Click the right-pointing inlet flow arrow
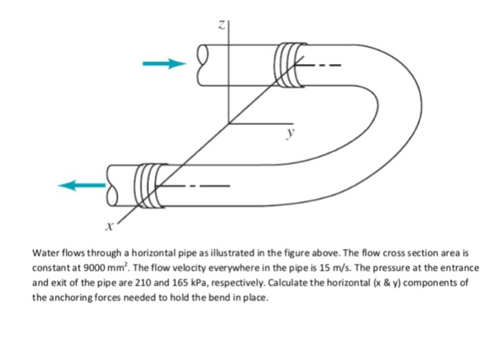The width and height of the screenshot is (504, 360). (x=160, y=64)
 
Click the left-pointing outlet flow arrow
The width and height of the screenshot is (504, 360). (x=78, y=185)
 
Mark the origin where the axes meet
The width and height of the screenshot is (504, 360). (x=229, y=123)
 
